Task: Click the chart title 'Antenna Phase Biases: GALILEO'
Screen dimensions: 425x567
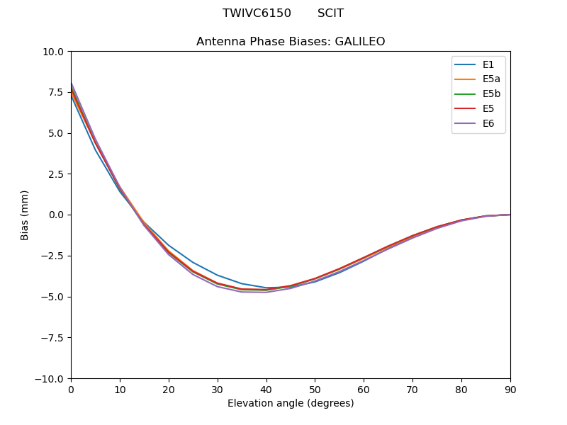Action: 291,42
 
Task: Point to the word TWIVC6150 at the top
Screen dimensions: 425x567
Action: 257,13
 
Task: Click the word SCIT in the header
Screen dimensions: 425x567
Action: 330,13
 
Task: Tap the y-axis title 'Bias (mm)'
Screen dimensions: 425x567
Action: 25,215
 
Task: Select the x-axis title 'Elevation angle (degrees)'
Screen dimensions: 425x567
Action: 291,404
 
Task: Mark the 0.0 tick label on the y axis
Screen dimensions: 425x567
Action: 57,215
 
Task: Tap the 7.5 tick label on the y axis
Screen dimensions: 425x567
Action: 57,93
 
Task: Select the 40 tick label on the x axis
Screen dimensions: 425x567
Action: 266,390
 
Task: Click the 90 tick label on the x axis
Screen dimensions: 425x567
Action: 510,390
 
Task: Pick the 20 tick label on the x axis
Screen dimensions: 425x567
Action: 169,390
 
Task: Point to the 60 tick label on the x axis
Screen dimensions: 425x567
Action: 364,390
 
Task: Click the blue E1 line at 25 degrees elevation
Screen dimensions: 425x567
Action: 193,263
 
